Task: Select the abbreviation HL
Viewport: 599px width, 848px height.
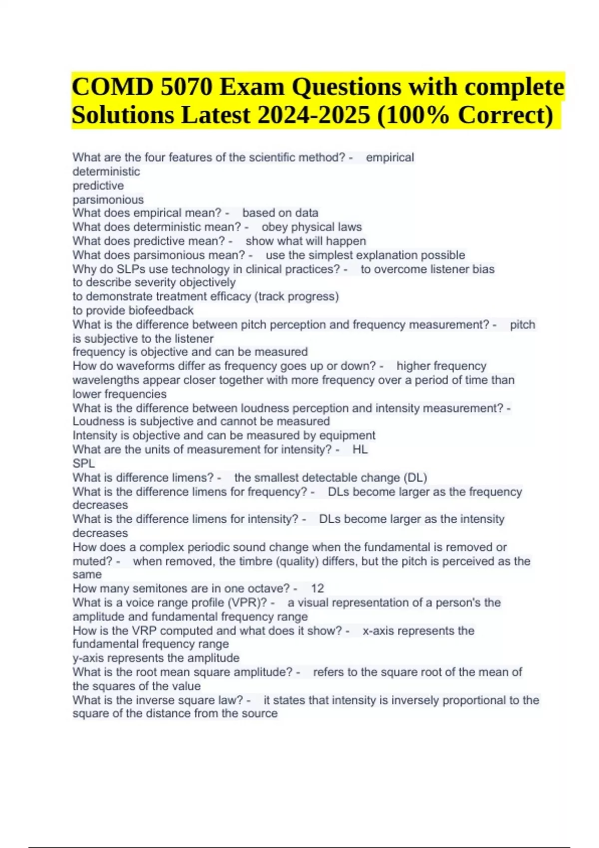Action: (x=360, y=449)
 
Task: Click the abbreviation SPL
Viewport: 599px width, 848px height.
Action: (x=83, y=463)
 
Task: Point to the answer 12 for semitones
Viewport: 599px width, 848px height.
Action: (x=317, y=589)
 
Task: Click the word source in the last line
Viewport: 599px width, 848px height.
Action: (x=261, y=713)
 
